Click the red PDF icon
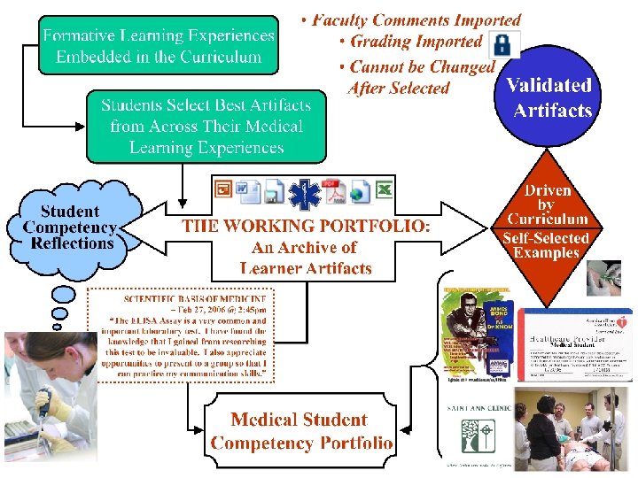click(x=333, y=190)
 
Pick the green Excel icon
click(x=384, y=190)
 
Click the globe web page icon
click(x=359, y=191)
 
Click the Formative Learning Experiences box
click(x=159, y=46)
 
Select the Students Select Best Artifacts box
click(x=206, y=127)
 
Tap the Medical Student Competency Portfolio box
click(x=300, y=431)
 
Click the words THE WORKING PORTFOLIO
click(x=306, y=227)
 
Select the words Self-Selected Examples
click(x=546, y=245)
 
